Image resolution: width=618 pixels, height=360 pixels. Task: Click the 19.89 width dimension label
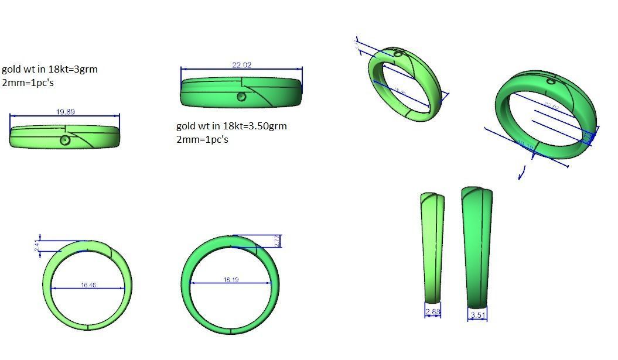pos(65,112)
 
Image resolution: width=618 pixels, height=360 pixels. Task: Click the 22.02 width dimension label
pos(242,65)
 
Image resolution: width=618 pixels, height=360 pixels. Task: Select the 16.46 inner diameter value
pos(88,285)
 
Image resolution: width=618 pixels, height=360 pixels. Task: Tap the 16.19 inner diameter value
pos(231,280)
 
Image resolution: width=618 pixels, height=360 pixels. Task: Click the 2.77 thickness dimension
pos(277,241)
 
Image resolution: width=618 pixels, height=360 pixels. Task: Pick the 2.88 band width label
pos(433,312)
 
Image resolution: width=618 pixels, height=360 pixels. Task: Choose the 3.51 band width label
pos(478,316)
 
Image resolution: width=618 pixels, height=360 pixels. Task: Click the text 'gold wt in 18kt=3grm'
pos(50,69)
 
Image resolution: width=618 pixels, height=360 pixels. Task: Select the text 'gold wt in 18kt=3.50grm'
pos(231,126)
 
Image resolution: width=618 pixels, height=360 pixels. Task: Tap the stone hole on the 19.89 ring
pos(66,140)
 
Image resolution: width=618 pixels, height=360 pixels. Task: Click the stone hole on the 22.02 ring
pos(241,97)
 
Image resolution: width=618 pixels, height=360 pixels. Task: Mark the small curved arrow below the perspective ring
pos(522,172)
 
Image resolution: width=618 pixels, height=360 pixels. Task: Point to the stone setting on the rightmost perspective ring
pos(551,81)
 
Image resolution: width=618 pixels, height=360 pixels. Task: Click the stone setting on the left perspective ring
pos(398,54)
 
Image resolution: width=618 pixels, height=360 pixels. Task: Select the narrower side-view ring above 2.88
pos(432,246)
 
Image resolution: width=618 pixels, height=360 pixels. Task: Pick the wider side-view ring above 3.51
pos(477,246)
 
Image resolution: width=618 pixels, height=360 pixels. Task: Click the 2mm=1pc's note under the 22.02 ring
pos(202,139)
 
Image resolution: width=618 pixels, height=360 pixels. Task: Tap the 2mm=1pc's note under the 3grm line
pos(28,83)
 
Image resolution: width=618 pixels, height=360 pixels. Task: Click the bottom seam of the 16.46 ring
pos(87,327)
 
